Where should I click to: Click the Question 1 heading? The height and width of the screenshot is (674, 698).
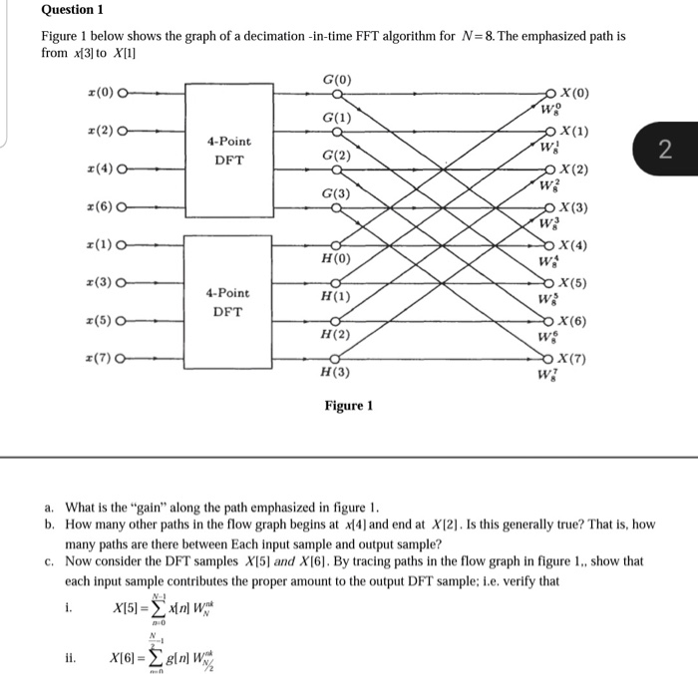72,10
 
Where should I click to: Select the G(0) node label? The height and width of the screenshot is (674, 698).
337,79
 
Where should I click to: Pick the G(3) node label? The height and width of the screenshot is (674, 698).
336,192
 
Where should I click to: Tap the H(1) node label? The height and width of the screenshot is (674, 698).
335,297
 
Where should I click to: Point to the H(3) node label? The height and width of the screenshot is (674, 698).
335,372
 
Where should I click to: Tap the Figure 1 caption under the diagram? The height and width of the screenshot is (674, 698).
348,406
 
